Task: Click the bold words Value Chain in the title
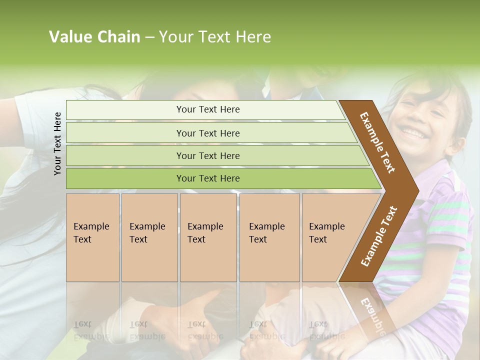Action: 94,37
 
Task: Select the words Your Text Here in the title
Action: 215,37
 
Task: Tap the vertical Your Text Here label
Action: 57,143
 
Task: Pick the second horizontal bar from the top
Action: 207,133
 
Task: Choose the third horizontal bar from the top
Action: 207,155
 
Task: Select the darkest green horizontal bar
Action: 207,178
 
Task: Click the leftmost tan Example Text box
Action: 92,237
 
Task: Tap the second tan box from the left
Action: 149,237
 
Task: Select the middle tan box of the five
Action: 208,237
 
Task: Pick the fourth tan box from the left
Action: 269,237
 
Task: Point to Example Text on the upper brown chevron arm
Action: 377,142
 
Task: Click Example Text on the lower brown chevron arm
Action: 378,236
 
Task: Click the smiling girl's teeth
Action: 412,133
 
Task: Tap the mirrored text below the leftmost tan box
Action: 91,330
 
